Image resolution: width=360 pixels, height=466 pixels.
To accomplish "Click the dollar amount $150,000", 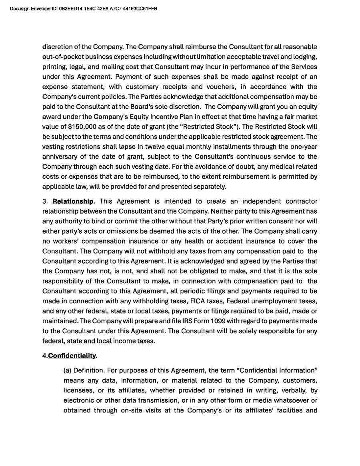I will [x=82, y=126].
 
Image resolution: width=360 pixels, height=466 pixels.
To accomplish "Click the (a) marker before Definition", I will [x=68, y=370].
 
